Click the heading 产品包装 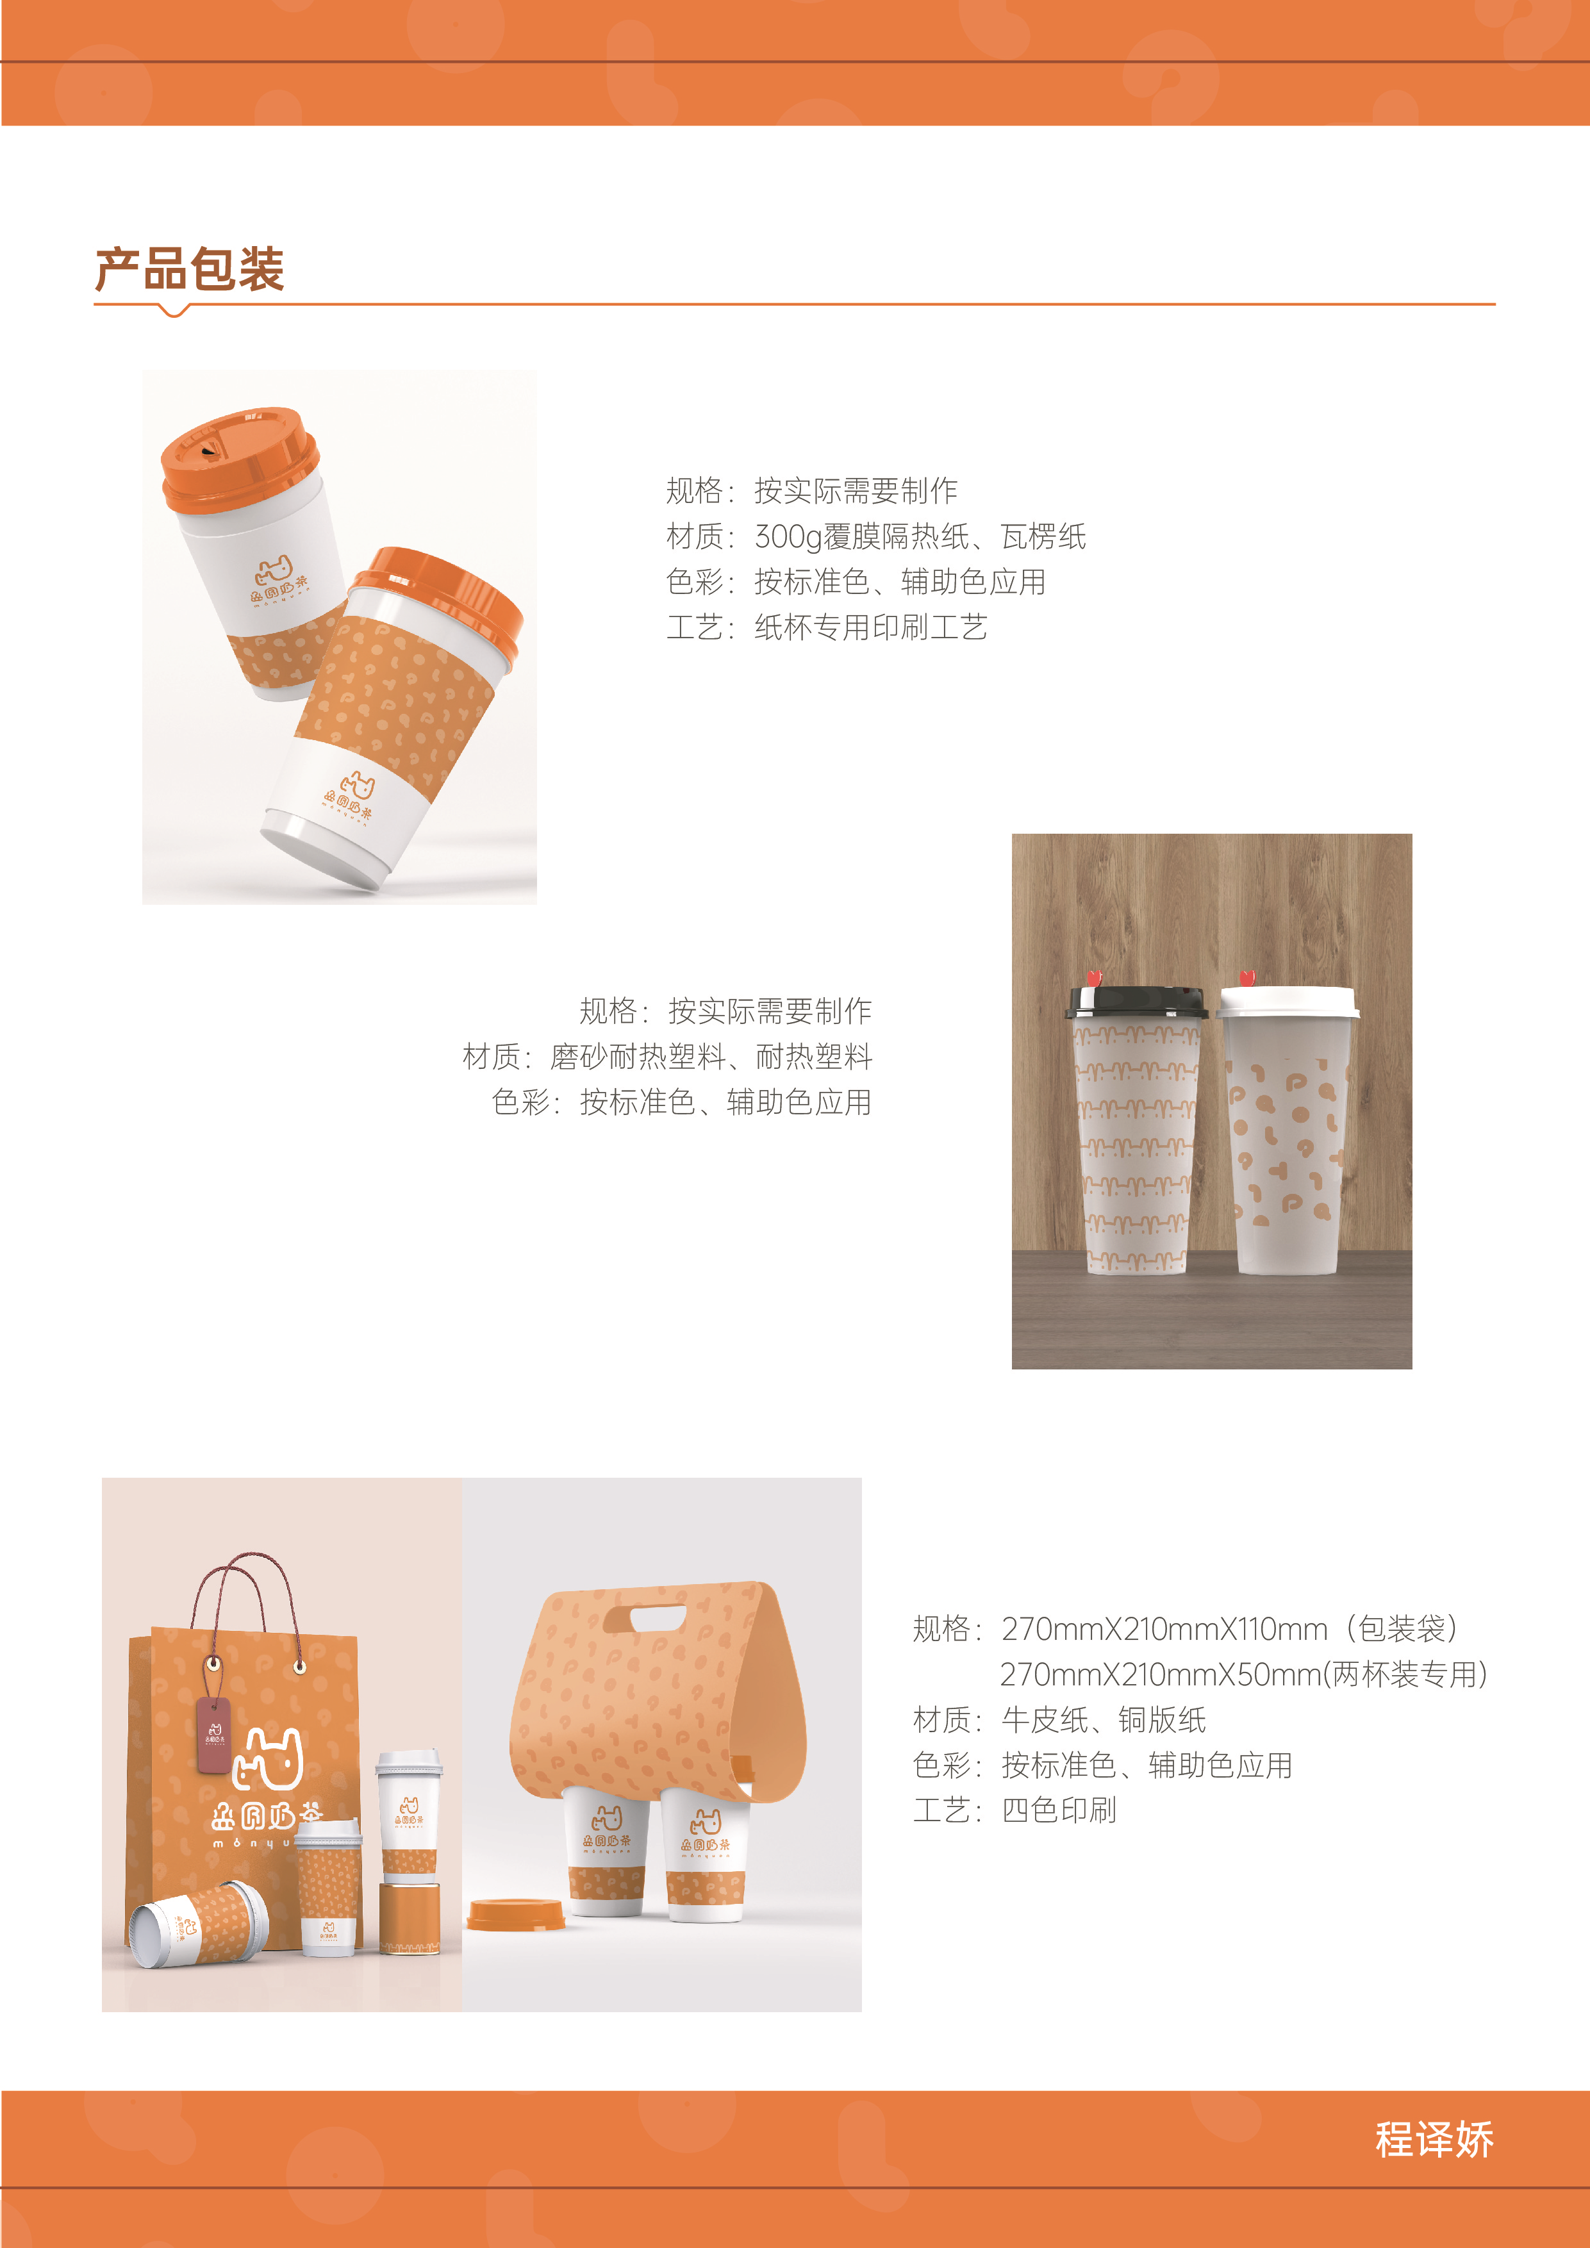(x=190, y=269)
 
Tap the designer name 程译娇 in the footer (x=1434, y=2139)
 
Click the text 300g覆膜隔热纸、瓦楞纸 (x=920, y=536)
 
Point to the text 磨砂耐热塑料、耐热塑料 (x=711, y=1057)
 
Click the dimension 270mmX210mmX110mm (x=1164, y=1628)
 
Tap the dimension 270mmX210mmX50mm (x=1159, y=1674)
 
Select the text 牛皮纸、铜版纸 (x=1104, y=1719)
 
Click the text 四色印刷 (x=1058, y=1810)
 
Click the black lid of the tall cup (x=1136, y=1003)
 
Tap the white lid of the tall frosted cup (x=1288, y=1003)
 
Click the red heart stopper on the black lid (x=1095, y=978)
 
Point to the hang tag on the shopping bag (x=213, y=1735)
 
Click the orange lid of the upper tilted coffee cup (x=240, y=456)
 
